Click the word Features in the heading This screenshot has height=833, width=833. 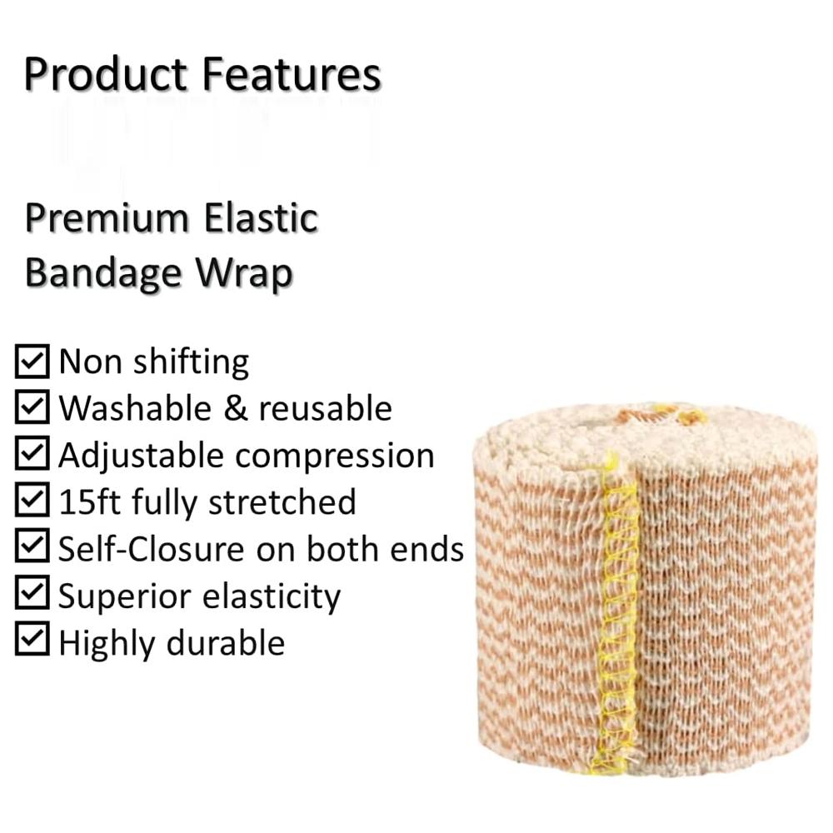[x=291, y=74]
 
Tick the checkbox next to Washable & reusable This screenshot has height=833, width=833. [x=32, y=408]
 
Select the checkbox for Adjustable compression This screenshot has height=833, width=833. [x=32, y=455]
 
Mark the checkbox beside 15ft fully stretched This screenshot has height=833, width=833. [x=32, y=501]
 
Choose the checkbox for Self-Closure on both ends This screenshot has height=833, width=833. [x=32, y=548]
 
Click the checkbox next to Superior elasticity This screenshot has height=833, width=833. [x=32, y=595]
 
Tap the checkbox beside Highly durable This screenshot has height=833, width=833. [x=32, y=641]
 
